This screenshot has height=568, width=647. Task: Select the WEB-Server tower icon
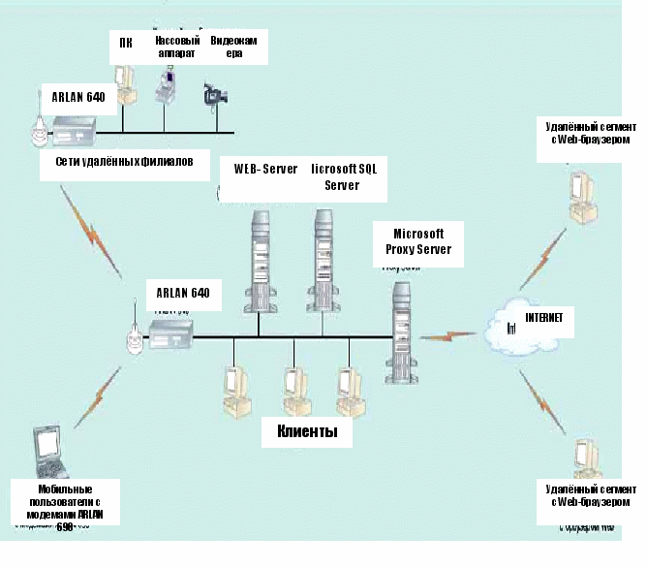261,251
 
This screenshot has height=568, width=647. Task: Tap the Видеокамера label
236,47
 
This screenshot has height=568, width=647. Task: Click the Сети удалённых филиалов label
125,163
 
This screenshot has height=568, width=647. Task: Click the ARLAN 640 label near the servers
182,291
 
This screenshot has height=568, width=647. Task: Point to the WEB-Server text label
265,168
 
